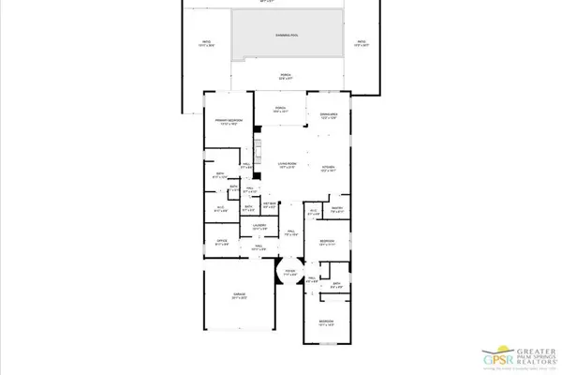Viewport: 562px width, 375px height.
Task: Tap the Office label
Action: click(x=222, y=242)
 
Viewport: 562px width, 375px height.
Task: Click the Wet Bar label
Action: click(x=269, y=206)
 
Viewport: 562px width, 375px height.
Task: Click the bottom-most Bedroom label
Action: click(x=326, y=323)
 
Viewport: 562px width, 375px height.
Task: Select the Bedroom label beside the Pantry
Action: click(x=326, y=243)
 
